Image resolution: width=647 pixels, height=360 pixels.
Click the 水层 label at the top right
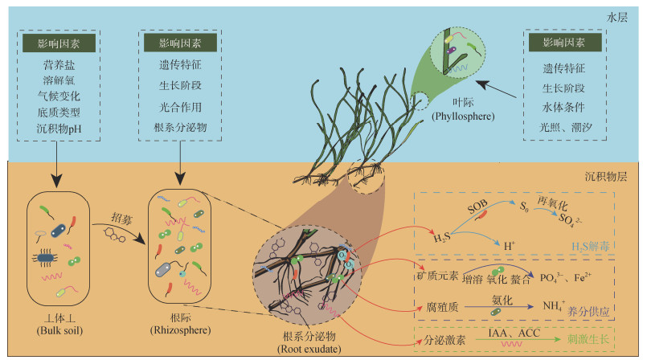tap(617, 18)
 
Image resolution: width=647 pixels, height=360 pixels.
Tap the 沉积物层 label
tap(606, 177)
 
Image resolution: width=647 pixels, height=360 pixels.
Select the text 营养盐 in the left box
tap(59, 65)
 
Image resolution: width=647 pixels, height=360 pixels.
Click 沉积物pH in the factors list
tap(59, 129)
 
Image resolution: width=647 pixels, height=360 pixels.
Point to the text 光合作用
tap(180, 107)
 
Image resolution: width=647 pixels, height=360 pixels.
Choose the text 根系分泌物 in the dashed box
tap(180, 128)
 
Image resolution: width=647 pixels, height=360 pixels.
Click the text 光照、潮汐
tap(565, 127)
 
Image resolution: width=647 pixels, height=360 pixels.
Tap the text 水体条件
tap(563, 107)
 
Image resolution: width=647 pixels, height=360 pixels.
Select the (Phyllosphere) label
tap(463, 117)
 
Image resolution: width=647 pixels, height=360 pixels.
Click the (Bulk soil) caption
tap(59, 331)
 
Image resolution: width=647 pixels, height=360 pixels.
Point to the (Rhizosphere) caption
tap(180, 330)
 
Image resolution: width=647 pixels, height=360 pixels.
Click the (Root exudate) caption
tap(309, 350)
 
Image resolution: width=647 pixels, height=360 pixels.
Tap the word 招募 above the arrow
tap(121, 218)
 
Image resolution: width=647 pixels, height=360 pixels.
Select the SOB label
tap(477, 207)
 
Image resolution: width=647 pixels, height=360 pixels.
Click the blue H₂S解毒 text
tap(591, 247)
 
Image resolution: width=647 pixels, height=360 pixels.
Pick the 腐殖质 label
tap(442, 307)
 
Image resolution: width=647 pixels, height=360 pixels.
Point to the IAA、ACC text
tap(514, 333)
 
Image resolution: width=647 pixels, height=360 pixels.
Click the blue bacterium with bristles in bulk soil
tap(45, 258)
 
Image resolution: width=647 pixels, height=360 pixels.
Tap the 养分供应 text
tap(588, 311)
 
